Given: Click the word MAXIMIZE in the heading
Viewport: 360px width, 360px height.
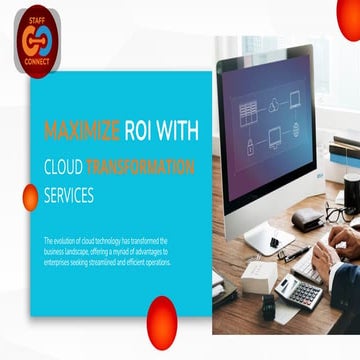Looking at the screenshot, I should (x=82, y=130).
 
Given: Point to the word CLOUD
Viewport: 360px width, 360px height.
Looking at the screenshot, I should (x=63, y=167).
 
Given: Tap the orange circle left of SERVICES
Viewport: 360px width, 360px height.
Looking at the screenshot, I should (x=30, y=197).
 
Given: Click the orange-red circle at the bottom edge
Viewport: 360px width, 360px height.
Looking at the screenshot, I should (x=161, y=320).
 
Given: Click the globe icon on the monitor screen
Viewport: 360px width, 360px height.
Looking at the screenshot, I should (x=297, y=128).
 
